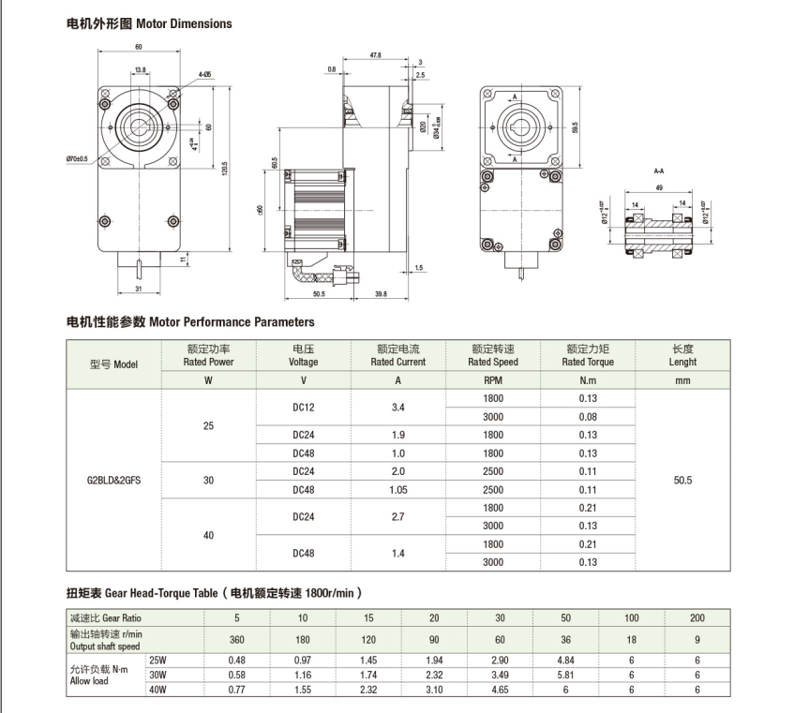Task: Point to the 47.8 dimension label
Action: pos(375,55)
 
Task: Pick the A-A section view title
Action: pos(660,172)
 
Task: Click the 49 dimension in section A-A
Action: pos(661,187)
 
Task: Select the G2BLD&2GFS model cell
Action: pos(113,480)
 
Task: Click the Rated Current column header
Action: pos(397,355)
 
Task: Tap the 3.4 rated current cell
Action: pos(397,408)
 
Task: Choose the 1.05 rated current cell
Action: pos(397,489)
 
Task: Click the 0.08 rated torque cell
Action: pos(588,417)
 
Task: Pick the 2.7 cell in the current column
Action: pos(397,516)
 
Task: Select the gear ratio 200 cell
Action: pos(697,618)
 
